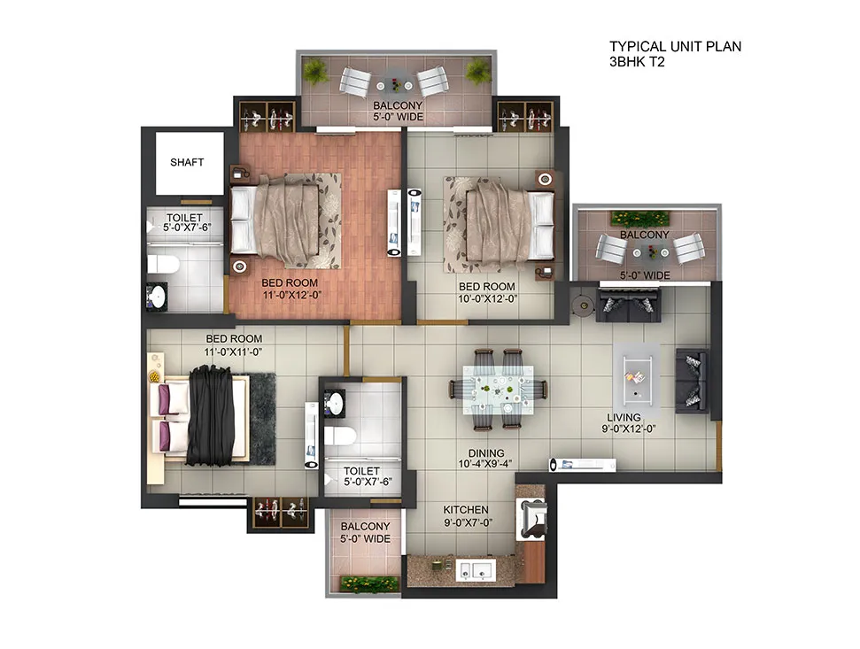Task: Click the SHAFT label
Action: [x=187, y=162]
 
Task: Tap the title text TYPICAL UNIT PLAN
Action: [x=675, y=47]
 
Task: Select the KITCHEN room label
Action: [x=466, y=510]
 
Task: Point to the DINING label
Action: [x=486, y=453]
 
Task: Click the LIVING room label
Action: [x=624, y=417]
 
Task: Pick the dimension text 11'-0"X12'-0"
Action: [x=291, y=296]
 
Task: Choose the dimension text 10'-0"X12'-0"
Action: [x=488, y=298]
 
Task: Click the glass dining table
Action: [x=498, y=390]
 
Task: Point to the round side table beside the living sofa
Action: [x=581, y=305]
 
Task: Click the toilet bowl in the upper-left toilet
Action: [x=164, y=265]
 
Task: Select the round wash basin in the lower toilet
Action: [x=334, y=404]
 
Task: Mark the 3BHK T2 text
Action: [x=637, y=62]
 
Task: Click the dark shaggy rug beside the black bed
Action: [x=262, y=420]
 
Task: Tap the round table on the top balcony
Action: [x=395, y=85]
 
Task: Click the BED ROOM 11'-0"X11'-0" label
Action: [x=234, y=345]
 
